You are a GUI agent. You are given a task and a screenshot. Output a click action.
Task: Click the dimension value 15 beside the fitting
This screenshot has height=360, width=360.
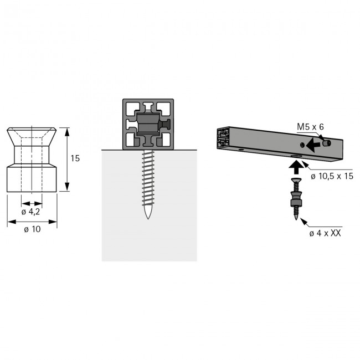tap(75, 158)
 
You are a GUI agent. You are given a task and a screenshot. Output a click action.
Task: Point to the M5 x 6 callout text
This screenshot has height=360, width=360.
tap(310, 127)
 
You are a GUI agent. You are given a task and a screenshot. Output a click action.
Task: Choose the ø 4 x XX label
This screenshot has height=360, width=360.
tap(325, 234)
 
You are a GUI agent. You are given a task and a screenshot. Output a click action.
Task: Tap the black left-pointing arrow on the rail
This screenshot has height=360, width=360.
tap(314, 145)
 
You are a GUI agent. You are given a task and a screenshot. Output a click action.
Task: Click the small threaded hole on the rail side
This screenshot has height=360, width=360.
tap(301, 145)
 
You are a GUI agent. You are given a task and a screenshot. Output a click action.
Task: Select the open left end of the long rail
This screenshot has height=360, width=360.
tap(223, 138)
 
